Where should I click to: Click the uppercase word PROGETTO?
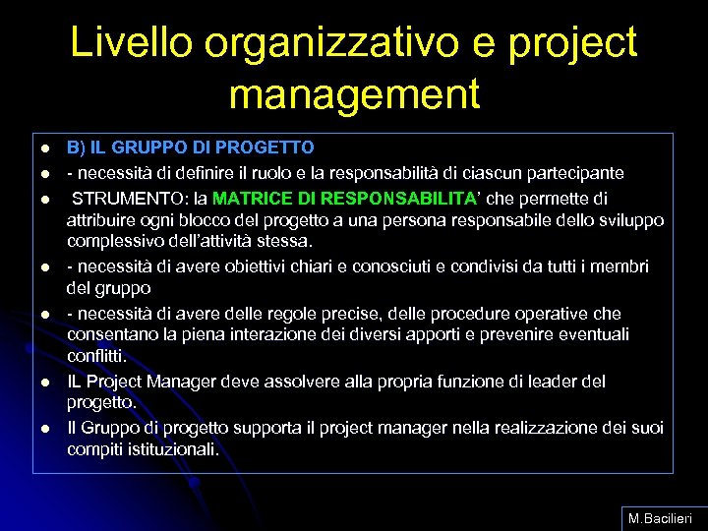point(271,147)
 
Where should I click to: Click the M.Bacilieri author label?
point(659,516)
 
